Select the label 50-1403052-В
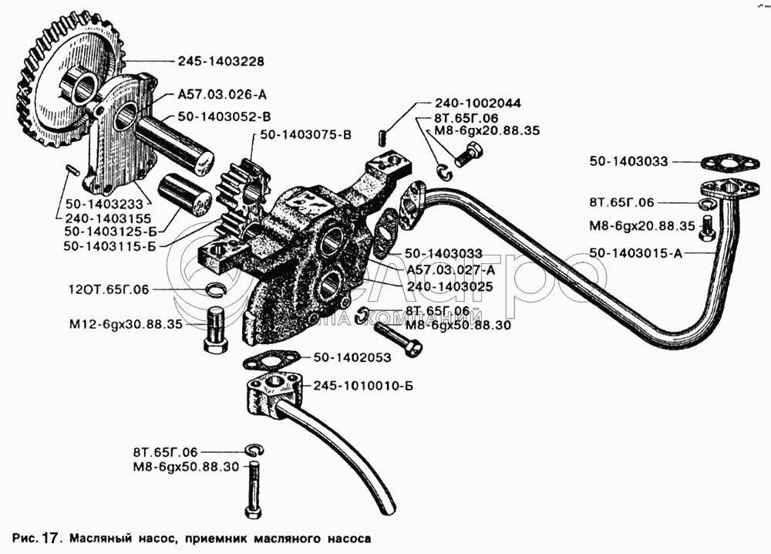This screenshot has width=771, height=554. [x=224, y=117]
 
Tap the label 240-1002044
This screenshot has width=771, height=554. [x=478, y=103]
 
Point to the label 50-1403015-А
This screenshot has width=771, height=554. [x=636, y=253]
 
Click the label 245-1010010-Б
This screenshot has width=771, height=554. [x=363, y=386]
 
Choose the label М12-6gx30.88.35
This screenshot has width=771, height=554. [x=126, y=325]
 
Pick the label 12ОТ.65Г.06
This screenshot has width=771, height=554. [x=109, y=289]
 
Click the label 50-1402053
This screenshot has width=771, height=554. [x=352, y=358]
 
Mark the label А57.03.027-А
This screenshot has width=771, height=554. [x=451, y=270]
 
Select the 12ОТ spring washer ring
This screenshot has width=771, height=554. [x=214, y=290]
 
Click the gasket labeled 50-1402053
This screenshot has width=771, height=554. [x=271, y=362]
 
